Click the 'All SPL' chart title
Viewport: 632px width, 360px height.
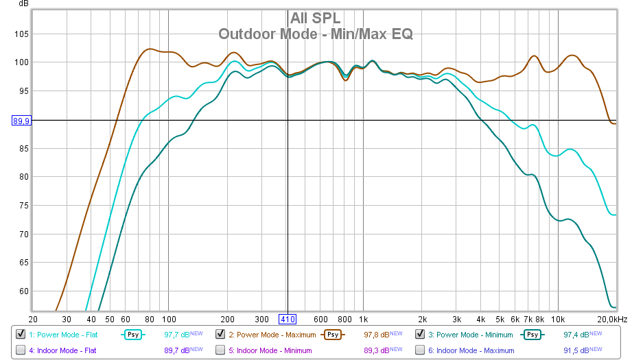pos(316,17)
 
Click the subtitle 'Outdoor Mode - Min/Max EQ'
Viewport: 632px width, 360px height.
pos(316,33)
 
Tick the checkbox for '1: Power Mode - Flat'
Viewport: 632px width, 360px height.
pos(21,335)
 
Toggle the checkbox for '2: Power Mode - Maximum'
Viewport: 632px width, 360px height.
pos(220,335)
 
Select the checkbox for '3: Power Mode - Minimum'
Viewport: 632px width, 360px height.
pos(420,335)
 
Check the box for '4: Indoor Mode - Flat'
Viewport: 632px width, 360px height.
pos(21,350)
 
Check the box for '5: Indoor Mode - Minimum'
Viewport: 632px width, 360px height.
pos(220,350)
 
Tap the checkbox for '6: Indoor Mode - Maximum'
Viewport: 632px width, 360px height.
pos(420,350)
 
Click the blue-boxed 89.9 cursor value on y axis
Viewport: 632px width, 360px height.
pos(21,121)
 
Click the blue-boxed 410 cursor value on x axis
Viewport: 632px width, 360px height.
pos(287,319)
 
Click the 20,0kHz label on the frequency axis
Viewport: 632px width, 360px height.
pos(611,319)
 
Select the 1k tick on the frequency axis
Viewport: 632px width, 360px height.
pos(364,319)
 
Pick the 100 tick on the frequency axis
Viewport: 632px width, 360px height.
pos(168,319)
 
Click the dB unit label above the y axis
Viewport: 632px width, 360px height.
pos(24,5)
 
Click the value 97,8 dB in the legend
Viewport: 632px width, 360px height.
pos(377,335)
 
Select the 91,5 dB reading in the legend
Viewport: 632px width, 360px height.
pos(576,350)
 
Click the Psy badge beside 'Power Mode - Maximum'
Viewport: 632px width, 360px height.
pos(333,335)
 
